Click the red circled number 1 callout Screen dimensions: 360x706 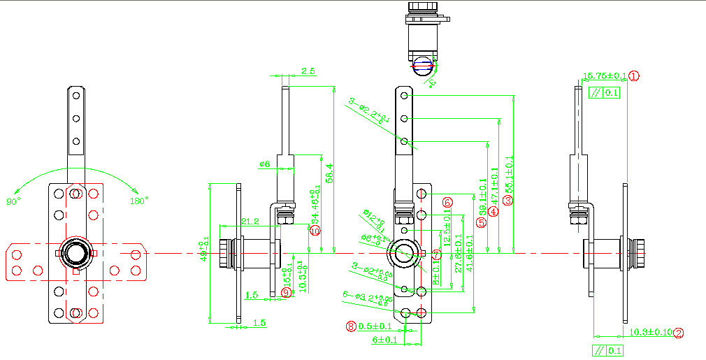pos(634,76)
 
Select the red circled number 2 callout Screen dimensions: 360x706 pos(678,333)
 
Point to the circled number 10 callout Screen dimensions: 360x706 pos(315,231)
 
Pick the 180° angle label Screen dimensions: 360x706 pos(139,201)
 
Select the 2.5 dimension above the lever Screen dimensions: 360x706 pos(308,71)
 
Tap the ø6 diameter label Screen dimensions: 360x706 pos(264,164)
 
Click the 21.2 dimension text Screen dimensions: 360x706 pos(250,222)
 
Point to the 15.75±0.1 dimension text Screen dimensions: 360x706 pos(604,75)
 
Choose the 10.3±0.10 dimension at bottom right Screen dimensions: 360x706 pos(650,332)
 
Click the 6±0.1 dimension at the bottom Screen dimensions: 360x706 pos(384,340)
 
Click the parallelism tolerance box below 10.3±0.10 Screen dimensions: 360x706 pos(607,351)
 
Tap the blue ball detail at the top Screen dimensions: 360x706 pos(422,67)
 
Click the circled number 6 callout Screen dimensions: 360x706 pos(447,202)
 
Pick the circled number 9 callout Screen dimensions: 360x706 pos(285,292)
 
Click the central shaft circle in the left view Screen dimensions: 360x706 pos(75,252)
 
